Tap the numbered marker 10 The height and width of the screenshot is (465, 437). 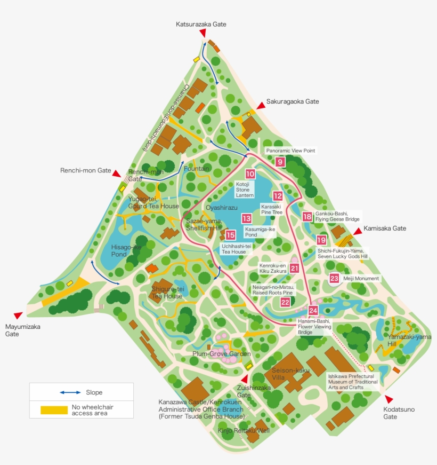(x=250, y=174)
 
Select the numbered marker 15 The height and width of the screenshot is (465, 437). (x=230, y=235)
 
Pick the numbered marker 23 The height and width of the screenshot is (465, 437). (x=334, y=278)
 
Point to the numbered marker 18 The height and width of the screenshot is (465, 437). (x=307, y=216)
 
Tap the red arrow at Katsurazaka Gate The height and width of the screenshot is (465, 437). (x=203, y=34)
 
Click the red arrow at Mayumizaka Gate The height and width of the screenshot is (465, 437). (x=19, y=316)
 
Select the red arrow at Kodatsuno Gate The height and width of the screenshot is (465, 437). (x=389, y=399)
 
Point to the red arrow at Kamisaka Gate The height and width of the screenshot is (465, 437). (x=357, y=232)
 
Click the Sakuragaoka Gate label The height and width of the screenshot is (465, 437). (x=293, y=101)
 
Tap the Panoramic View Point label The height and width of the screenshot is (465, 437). (x=290, y=151)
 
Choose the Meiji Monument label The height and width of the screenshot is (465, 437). (x=361, y=279)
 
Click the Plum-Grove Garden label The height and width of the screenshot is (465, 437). (x=221, y=353)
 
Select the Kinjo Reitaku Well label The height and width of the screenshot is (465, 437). (x=244, y=430)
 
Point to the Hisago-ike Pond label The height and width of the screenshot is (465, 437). (x=126, y=251)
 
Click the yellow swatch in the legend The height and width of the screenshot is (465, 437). (x=54, y=410)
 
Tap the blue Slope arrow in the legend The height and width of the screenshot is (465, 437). (x=70, y=392)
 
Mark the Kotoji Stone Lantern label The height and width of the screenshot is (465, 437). (x=245, y=190)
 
